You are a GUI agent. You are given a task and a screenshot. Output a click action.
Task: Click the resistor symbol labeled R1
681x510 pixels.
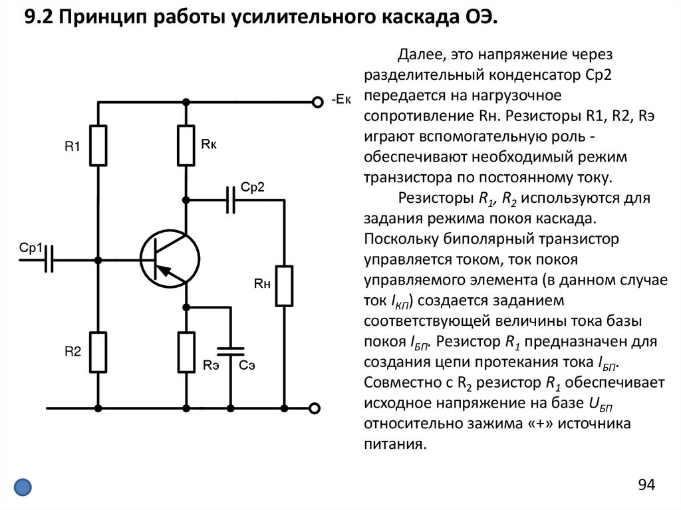click(x=98, y=145)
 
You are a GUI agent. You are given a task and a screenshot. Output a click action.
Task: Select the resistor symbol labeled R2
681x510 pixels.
click(x=98, y=352)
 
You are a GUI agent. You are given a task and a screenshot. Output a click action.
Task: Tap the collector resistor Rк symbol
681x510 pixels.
click(x=186, y=145)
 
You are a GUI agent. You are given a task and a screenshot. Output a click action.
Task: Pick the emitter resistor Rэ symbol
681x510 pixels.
click(x=186, y=352)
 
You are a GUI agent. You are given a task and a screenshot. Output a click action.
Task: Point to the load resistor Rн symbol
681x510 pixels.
click(x=285, y=286)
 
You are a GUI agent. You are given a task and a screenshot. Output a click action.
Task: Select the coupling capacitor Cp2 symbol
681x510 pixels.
click(x=231, y=199)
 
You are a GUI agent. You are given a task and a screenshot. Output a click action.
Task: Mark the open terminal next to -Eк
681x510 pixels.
click(x=316, y=102)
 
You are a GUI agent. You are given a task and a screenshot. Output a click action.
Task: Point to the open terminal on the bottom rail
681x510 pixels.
click(x=316, y=407)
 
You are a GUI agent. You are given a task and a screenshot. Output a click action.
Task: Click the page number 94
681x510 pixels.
click(x=647, y=484)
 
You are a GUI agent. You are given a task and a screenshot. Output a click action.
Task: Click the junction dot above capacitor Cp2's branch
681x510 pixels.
click(x=186, y=199)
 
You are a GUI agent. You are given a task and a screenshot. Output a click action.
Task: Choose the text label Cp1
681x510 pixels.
click(x=31, y=248)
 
